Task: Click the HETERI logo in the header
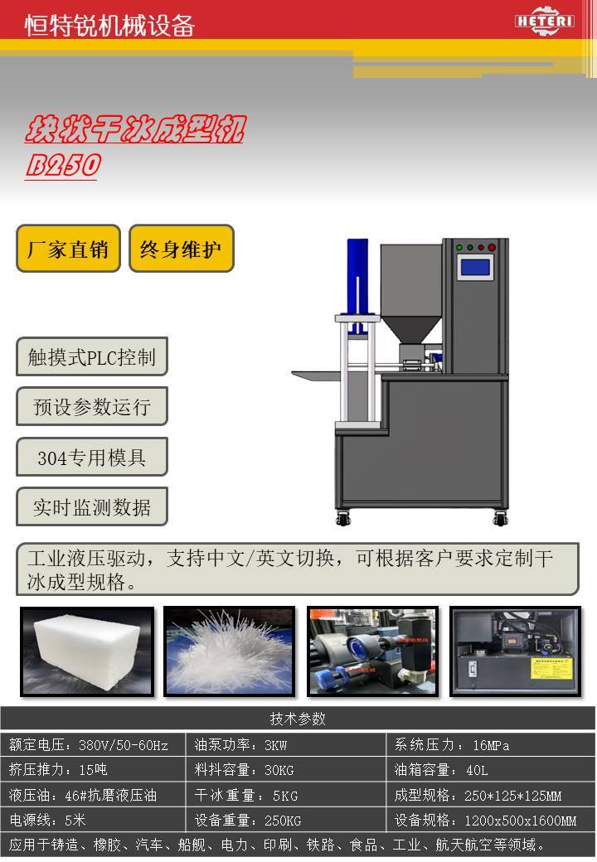click(544, 21)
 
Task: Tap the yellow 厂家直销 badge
click(68, 249)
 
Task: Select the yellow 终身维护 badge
click(182, 249)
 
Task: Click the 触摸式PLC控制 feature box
click(92, 356)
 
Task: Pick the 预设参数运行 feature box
click(92, 406)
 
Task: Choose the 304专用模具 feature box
click(92, 457)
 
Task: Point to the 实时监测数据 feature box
click(92, 506)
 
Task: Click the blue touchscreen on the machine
click(475, 267)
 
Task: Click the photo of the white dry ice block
click(87, 651)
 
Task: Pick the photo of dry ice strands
click(230, 651)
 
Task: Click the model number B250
click(63, 166)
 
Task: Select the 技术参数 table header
click(298, 719)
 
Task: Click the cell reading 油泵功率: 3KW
click(286, 745)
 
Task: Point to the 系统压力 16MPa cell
click(491, 745)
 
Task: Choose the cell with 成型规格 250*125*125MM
click(491, 795)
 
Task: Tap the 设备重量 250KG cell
click(286, 821)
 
